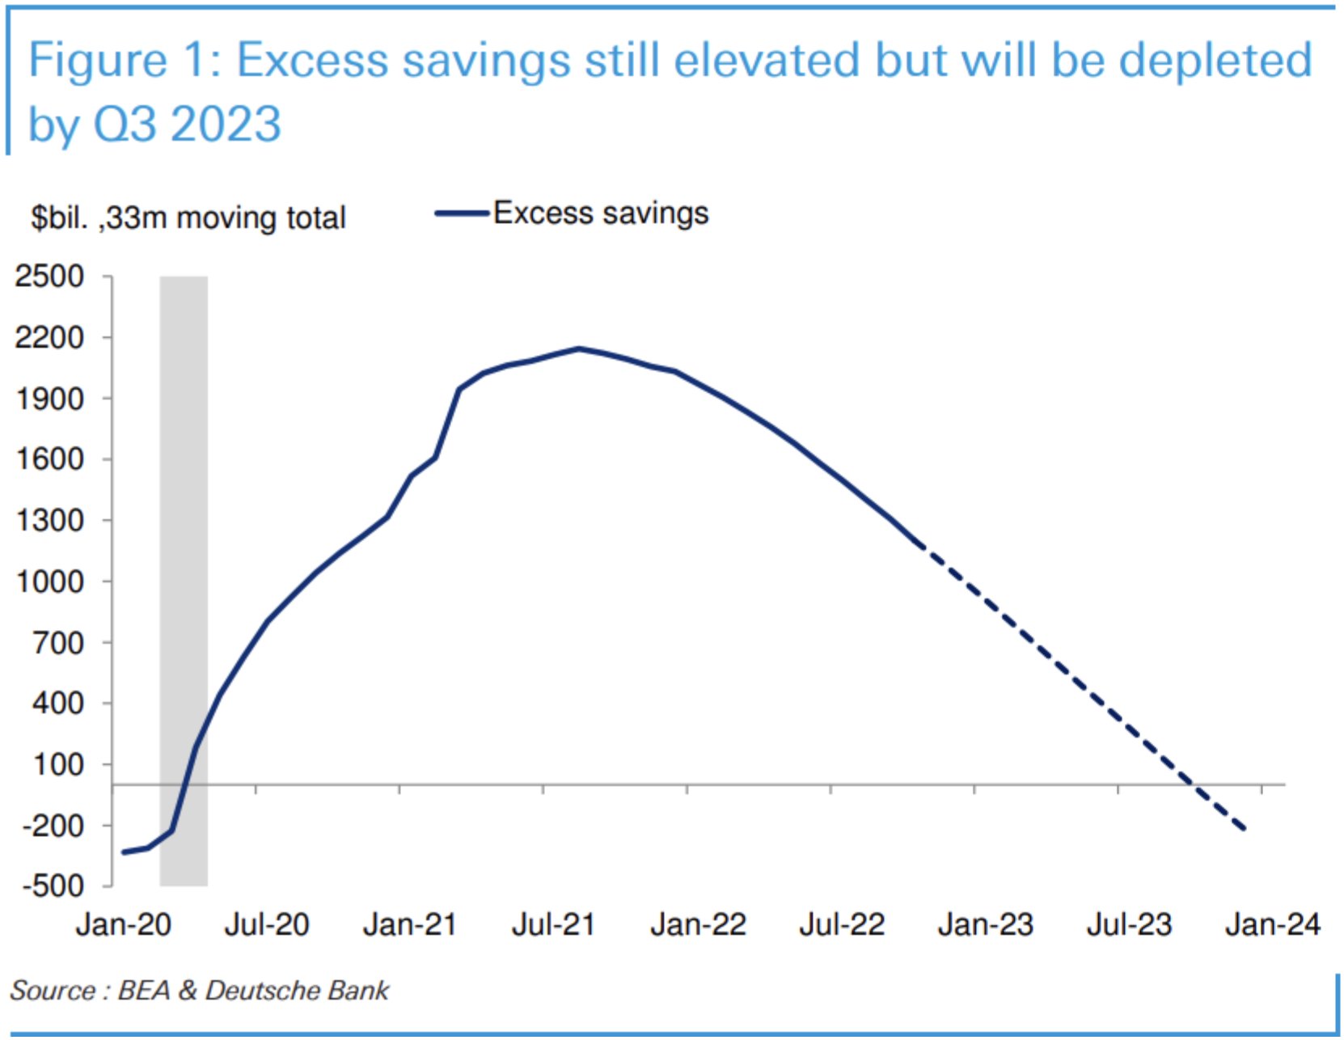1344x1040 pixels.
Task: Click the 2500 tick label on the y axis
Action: click(49, 277)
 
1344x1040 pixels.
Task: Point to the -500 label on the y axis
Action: click(53, 886)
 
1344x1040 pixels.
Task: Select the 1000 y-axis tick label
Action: click(49, 581)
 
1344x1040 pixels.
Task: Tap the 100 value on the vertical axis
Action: click(57, 764)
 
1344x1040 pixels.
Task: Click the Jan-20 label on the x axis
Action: click(123, 924)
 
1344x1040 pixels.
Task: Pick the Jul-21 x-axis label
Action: click(553, 924)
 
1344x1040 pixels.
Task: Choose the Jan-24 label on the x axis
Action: click(1272, 924)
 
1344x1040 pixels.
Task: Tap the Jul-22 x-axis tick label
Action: click(841, 924)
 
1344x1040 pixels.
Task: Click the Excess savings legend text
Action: click(600, 213)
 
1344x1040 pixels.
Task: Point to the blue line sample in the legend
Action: click(462, 214)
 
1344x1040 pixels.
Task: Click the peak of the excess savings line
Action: click(579, 349)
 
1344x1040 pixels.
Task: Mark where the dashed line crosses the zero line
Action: click(1191, 784)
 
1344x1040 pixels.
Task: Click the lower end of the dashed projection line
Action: click(1244, 828)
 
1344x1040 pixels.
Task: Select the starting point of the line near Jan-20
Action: click(124, 852)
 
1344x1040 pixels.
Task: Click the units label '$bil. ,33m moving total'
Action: click(188, 218)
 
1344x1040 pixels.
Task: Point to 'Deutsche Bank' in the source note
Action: click(297, 990)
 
